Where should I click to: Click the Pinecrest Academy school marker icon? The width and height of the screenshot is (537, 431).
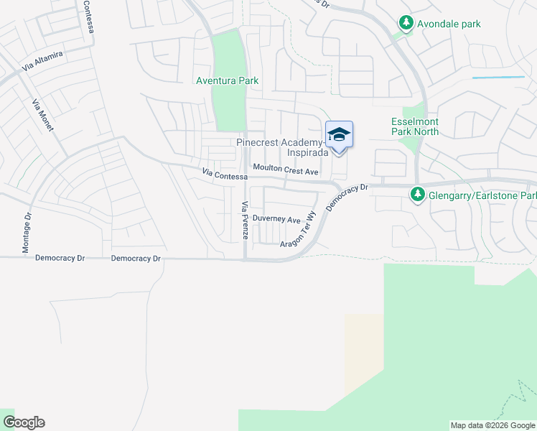click(x=340, y=135)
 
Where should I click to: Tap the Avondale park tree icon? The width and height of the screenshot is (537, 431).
click(x=406, y=24)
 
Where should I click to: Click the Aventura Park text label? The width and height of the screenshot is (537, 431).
click(x=227, y=81)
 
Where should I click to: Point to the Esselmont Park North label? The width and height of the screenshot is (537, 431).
click(x=415, y=127)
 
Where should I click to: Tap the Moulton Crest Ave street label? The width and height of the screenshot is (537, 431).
click(x=285, y=172)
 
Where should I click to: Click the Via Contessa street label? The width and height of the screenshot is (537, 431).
click(x=225, y=174)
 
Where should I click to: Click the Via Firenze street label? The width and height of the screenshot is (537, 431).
click(x=244, y=215)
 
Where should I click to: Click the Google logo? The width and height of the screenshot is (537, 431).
click(x=24, y=422)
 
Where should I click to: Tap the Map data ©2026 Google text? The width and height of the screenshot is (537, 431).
click(x=492, y=425)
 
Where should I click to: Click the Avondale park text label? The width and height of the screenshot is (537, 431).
click(x=451, y=24)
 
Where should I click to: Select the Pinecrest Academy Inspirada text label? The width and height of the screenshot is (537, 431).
click(x=282, y=147)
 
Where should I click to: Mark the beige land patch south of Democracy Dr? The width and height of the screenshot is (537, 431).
click(x=364, y=352)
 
